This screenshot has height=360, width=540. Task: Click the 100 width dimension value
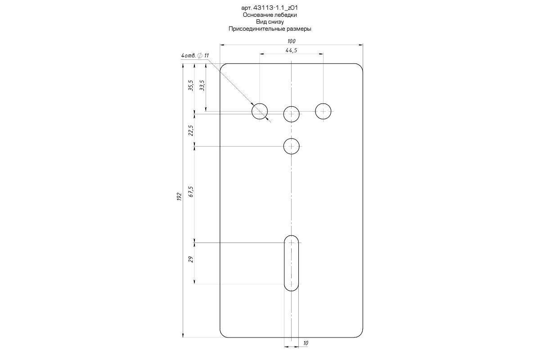291,41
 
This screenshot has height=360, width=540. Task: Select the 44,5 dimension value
291,50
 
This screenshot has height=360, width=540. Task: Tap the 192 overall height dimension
179,197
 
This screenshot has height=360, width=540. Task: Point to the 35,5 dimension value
191,85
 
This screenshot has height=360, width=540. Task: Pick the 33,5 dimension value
202,85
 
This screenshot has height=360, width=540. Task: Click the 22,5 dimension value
191,130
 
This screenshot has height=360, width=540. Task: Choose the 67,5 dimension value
191,192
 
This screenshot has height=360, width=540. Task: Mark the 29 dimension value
191,260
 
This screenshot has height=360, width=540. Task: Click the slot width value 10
306,343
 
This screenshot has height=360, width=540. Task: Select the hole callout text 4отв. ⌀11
195,56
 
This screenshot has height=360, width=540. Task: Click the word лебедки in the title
286,15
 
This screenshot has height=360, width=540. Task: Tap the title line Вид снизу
270,22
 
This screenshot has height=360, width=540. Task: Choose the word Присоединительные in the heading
257,29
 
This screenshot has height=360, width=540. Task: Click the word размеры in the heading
299,29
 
